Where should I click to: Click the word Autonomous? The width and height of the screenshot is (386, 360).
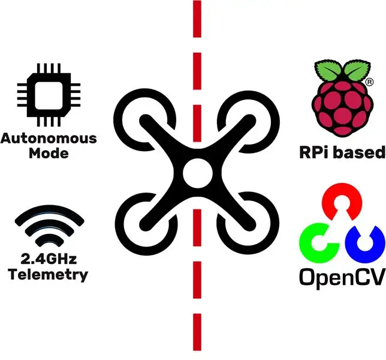pyautogui.click(x=49, y=139)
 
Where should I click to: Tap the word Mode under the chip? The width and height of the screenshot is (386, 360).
pyautogui.click(x=49, y=153)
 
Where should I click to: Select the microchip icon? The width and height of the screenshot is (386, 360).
pyautogui.click(x=49, y=95)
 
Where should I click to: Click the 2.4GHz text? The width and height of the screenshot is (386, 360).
pyautogui.click(x=49, y=259)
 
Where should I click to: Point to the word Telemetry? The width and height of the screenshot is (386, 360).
pyautogui.click(x=48, y=274)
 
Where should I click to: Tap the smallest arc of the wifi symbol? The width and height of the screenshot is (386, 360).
pyautogui.click(x=49, y=239)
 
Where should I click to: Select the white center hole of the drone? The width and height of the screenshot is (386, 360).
pyautogui.click(x=197, y=173)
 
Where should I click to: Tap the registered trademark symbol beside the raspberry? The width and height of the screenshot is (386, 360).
pyautogui.click(x=369, y=82)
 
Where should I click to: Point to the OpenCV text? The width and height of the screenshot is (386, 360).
pyautogui.click(x=342, y=277)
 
